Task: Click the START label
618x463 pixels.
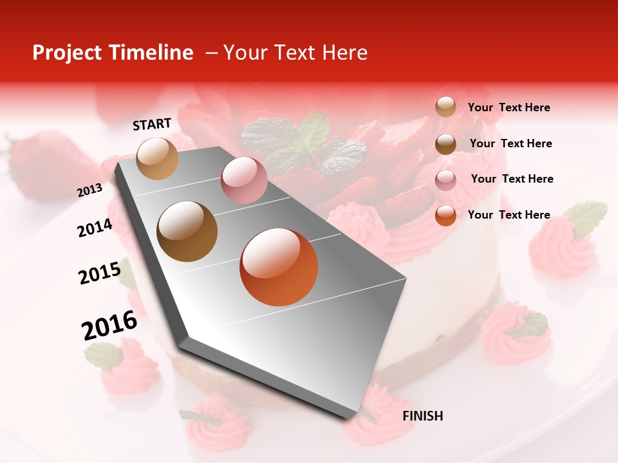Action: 152,124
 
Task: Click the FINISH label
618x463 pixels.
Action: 422,416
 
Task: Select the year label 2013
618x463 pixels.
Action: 90,190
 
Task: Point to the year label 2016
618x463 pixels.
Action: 109,325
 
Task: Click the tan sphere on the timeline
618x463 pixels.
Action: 157,158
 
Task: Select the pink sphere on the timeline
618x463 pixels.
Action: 244,180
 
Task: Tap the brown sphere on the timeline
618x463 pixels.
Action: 187,232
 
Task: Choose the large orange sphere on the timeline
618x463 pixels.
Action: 279,267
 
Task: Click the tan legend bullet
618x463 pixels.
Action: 445,107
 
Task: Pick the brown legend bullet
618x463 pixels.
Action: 445,144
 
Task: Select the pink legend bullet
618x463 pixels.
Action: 445,180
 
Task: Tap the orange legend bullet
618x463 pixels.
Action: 445,215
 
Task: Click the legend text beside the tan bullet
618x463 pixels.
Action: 509,108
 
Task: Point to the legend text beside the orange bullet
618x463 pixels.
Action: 509,215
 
